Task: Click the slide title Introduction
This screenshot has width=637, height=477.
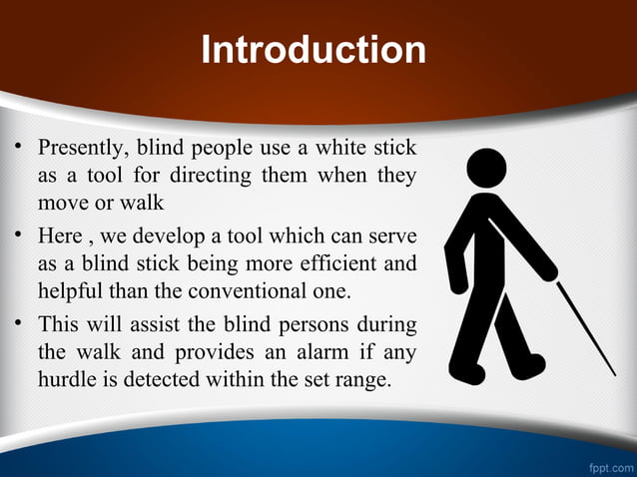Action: click(314, 50)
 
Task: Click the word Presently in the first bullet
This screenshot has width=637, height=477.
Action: click(80, 150)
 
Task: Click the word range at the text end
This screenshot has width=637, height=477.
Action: click(358, 381)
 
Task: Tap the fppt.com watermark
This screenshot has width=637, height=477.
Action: click(609, 466)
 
